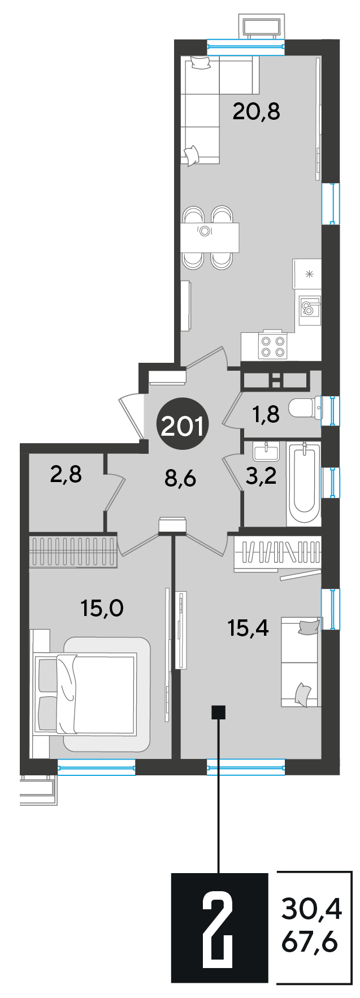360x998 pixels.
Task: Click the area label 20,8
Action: point(257,112)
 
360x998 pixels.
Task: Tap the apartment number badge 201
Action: point(183,425)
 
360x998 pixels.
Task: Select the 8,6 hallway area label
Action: point(180,479)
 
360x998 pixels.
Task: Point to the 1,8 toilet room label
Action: point(266,415)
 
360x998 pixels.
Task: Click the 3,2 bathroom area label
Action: point(261,476)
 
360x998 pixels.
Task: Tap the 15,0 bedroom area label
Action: point(102,609)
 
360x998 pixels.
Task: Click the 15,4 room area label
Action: point(248,627)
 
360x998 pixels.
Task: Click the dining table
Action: point(210,237)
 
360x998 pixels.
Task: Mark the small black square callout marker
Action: point(218,712)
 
